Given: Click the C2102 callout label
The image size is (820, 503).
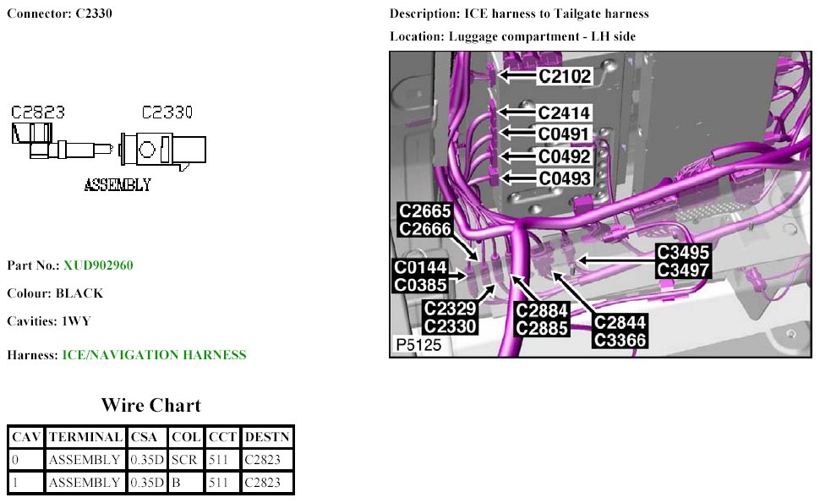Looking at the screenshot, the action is click(565, 76).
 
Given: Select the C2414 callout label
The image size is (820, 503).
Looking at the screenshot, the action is click(564, 113).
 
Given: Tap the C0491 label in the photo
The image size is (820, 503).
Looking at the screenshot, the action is click(564, 134).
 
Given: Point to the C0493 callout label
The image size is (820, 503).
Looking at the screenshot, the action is click(564, 178).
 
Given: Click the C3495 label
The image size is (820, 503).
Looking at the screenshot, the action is click(683, 253).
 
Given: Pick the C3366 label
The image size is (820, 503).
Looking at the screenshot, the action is click(620, 340).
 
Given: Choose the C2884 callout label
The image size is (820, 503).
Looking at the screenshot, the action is click(542, 310).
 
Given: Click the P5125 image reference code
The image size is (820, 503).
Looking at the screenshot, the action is click(418, 346).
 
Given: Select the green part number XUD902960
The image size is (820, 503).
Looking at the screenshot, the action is click(98, 265).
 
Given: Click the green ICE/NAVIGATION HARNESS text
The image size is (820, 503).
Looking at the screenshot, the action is click(154, 355).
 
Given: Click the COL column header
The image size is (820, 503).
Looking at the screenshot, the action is click(185, 437).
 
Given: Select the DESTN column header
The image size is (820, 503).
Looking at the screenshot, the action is click(267, 437).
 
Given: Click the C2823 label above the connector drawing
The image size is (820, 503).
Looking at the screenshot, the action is click(38, 112).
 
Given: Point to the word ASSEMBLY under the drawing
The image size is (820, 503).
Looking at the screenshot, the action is click(118, 184).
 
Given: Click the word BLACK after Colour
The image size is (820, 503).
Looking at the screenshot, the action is click(79, 293).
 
